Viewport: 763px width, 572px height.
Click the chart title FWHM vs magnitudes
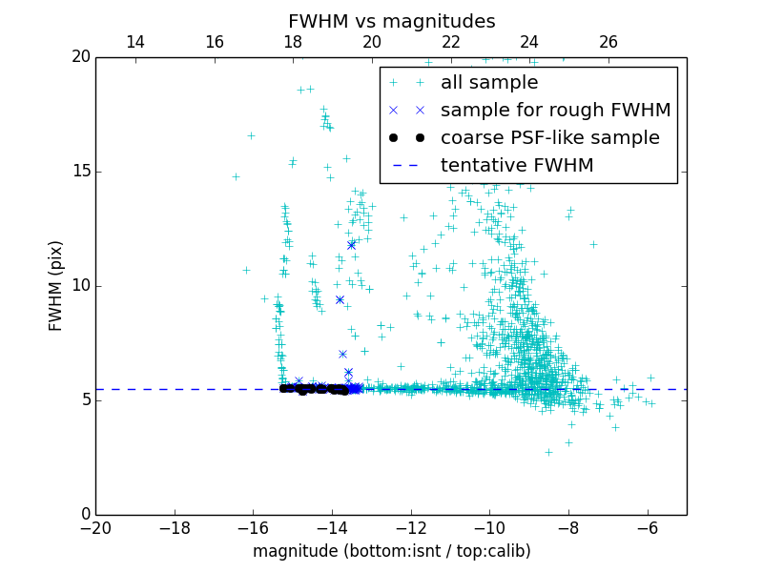pos(391,21)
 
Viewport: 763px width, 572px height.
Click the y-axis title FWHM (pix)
pos(56,285)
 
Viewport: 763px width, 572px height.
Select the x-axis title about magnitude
pos(391,551)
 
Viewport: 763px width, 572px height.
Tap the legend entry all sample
pos(489,83)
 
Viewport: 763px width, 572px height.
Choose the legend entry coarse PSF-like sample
pos(549,137)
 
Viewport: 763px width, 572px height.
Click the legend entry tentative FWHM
pos(517,165)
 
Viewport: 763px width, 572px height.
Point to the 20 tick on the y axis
pos(80,57)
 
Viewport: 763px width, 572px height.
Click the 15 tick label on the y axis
pos(80,172)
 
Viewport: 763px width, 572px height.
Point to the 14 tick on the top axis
pos(135,42)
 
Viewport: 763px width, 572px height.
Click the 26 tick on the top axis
pos(608,42)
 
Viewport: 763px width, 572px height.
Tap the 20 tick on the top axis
pos(372,42)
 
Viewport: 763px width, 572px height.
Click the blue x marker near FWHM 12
pos(351,245)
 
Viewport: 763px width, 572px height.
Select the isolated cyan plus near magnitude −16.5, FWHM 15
pos(236,176)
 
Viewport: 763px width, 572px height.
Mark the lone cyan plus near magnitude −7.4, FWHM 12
pos(592,244)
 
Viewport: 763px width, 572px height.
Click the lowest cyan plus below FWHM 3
pos(548,452)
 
